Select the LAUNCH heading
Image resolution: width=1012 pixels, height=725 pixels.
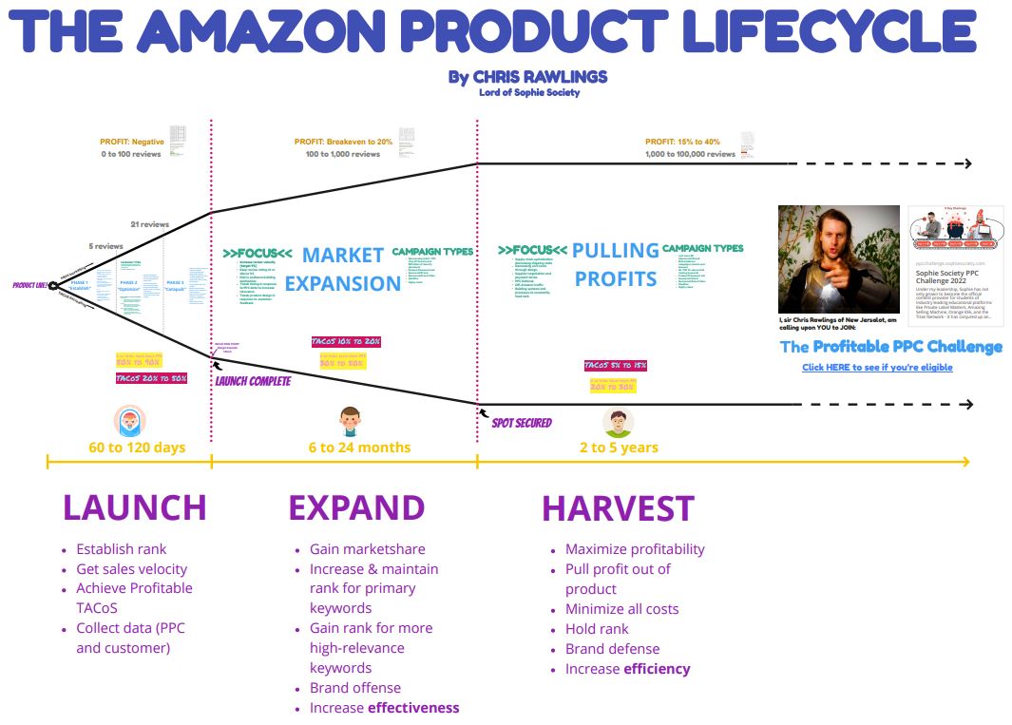coord(134,506)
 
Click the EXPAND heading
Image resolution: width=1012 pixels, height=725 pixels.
coord(356,507)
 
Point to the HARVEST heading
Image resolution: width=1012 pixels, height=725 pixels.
coord(618,508)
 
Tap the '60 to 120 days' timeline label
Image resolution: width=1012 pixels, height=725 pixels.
coord(124,447)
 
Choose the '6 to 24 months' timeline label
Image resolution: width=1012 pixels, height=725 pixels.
coord(359,447)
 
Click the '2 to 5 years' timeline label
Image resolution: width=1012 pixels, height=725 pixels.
coord(619,447)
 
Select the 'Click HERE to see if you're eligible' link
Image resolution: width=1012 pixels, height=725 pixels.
coord(877,367)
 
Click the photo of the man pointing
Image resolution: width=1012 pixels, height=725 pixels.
coord(838,258)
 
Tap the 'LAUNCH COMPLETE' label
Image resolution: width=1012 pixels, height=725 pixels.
coord(253,381)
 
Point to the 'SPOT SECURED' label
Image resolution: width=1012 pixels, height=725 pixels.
coord(522,423)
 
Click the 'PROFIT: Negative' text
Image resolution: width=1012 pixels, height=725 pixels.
coord(132,142)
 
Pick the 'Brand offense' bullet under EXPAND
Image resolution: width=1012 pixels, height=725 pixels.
coord(355,687)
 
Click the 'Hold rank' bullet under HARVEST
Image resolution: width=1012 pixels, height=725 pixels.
coord(597,628)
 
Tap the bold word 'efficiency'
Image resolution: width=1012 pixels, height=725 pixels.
coord(657,668)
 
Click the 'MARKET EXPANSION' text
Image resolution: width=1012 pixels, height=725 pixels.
coord(343,269)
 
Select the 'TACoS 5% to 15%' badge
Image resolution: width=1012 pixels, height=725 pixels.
coord(616,366)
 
